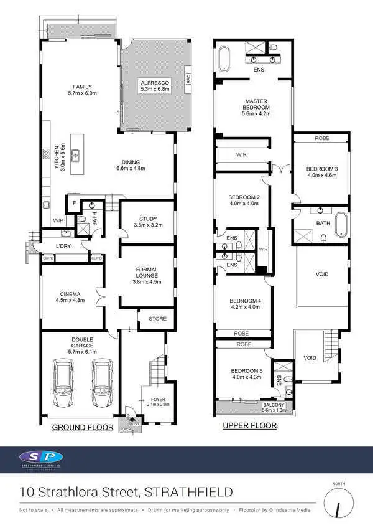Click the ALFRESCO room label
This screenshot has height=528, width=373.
pos(151,83)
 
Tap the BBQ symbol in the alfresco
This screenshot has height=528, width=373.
pos(187,78)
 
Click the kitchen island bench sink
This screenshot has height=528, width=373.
pos(75,156)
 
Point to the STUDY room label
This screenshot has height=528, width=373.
pos(148,219)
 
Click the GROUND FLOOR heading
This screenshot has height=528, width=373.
pos(82,427)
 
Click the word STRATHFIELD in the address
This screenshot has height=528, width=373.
pos(188,493)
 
